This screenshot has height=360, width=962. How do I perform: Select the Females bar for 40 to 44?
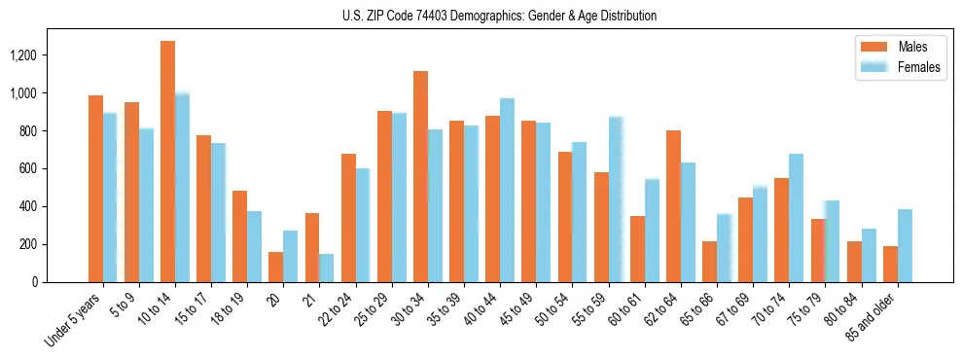[507, 190]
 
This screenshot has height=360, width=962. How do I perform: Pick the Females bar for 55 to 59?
[616, 199]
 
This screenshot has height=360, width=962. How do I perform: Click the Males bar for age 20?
[276, 267]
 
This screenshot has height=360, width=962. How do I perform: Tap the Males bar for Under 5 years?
[95, 189]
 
